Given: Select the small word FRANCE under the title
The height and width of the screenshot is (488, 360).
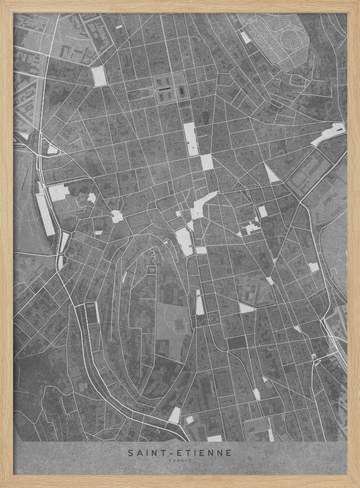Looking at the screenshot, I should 180,461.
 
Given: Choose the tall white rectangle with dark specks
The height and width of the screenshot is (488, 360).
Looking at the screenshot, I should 191,139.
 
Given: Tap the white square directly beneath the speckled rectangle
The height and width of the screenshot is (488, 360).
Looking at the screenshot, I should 207,163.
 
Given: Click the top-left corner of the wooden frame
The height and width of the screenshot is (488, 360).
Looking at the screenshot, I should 2,2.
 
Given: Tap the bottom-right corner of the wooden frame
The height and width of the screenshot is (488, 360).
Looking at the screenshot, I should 358,486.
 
